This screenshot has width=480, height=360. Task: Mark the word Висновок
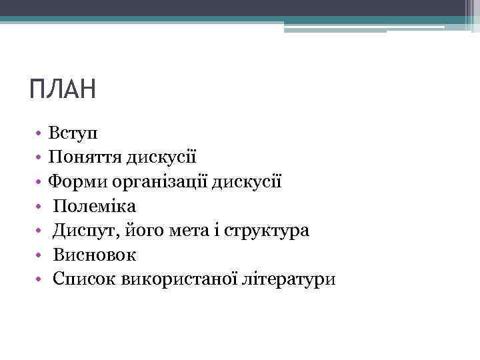(x=95, y=254)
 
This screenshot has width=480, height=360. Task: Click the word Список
(x=85, y=278)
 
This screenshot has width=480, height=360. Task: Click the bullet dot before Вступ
(x=40, y=133)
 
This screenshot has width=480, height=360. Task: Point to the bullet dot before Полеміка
(x=40, y=206)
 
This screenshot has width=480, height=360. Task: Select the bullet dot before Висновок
(x=40, y=255)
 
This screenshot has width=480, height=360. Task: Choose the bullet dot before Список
(x=40, y=279)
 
